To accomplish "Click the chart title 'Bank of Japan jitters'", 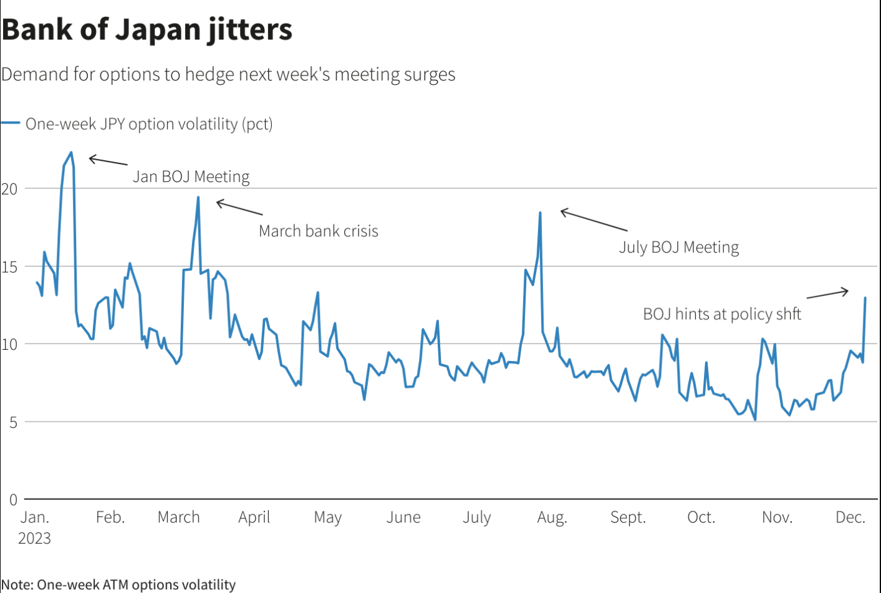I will click(147, 30).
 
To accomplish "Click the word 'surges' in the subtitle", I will click(430, 74).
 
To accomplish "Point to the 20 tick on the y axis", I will click(9, 189).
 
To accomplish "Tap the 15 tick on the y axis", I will click(9, 267).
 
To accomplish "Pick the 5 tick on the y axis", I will click(13, 422).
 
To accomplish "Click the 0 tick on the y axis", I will click(13, 499).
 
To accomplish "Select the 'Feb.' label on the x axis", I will click(110, 517).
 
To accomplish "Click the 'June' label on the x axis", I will click(403, 517).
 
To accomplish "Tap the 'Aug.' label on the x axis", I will click(552, 517).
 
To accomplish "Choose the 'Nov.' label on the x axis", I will click(777, 517).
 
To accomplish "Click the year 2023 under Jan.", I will click(34, 538).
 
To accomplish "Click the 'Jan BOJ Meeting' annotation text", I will click(191, 176).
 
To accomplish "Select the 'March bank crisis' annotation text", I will click(318, 231).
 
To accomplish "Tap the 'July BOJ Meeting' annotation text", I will click(678, 248).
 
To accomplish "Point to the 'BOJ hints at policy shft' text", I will click(721, 314).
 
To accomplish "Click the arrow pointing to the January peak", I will click(108, 161).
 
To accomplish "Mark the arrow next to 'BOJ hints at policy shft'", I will click(827, 294).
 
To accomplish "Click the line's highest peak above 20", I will click(71, 152).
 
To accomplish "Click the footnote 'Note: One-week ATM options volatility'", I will click(118, 584).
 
